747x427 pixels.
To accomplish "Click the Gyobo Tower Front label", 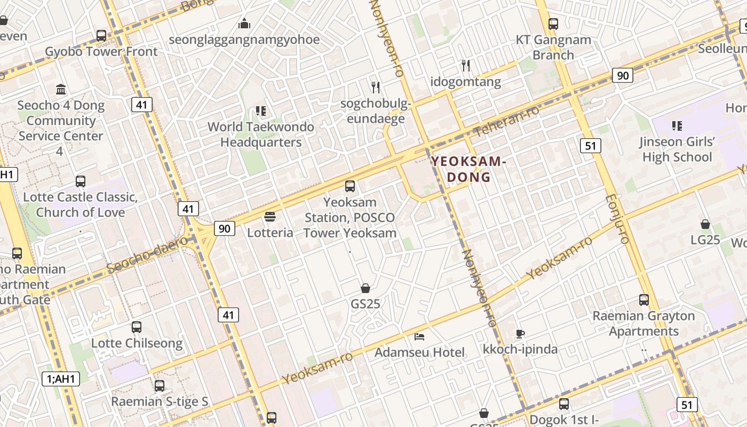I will (x=101, y=52).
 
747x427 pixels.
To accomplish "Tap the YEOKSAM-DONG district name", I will (x=468, y=169).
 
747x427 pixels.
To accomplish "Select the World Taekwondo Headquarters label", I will (x=261, y=135).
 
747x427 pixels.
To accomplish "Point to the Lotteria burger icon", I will (x=270, y=217).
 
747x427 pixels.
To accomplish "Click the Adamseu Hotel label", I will (x=419, y=352).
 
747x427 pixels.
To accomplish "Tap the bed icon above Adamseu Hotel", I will (x=419, y=336).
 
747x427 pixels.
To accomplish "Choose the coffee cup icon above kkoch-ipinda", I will (x=520, y=334).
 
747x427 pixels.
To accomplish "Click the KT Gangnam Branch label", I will (x=553, y=48).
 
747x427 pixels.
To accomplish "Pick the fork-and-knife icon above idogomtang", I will (x=466, y=66).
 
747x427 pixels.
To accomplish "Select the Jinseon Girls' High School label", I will (x=677, y=149).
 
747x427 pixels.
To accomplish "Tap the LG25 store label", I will (x=705, y=240).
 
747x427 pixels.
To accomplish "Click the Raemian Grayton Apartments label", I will (x=643, y=323).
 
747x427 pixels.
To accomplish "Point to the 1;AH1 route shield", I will (x=61, y=379).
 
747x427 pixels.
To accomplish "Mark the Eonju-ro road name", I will (x=617, y=219).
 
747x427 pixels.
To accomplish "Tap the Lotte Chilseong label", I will (x=137, y=343).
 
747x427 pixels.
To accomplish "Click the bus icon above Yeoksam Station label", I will (x=350, y=186).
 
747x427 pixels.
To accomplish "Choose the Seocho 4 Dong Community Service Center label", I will (x=60, y=121).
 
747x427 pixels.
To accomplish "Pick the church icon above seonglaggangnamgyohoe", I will (x=244, y=23).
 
